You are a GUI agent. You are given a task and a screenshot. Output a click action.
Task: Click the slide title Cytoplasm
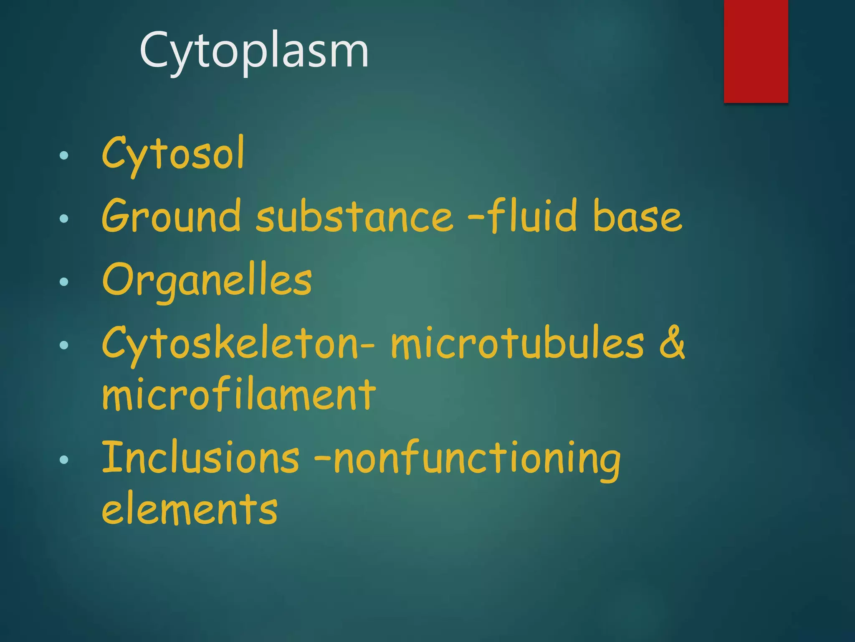[254, 51]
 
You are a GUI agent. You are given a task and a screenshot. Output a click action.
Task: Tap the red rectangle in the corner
[756, 51]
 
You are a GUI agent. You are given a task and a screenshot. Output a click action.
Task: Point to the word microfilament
[239, 395]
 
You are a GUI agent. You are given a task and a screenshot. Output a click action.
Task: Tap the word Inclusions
[200, 458]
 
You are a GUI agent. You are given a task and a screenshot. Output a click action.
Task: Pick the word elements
[190, 509]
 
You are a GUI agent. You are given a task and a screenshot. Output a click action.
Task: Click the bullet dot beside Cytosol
[64, 156]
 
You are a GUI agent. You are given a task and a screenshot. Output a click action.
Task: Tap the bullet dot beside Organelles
[64, 282]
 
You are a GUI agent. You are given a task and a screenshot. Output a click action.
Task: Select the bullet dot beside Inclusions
[64, 460]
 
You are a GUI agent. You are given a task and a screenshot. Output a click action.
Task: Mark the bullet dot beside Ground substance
[64, 218]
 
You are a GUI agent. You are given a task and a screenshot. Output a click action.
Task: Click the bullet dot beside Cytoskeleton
[64, 345]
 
